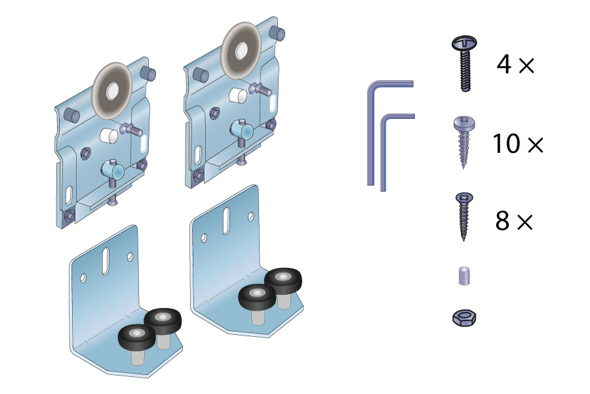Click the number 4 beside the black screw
(504, 64)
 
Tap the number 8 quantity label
(502, 221)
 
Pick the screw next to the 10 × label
(464, 141)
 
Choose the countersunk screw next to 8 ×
(464, 217)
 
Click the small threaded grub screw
(465, 276)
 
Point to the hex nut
(464, 318)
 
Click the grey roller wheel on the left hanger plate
(112, 91)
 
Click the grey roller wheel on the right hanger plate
(241, 51)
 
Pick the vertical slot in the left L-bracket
(106, 261)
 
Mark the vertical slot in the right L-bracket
(227, 221)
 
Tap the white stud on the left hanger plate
(109, 135)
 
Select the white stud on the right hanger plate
(238, 95)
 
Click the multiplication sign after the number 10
(536, 144)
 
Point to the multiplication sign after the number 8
(525, 222)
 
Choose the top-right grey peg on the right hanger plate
(277, 33)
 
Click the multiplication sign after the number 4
(526, 66)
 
